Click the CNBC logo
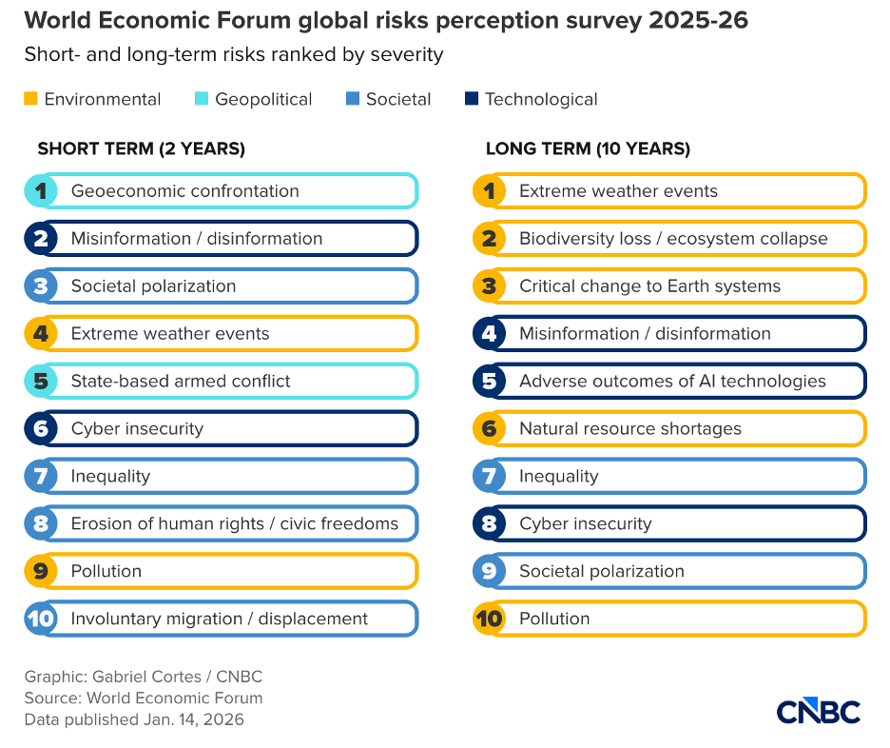pyautogui.click(x=818, y=711)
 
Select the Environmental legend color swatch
pyautogui.click(x=30, y=99)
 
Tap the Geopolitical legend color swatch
pyautogui.click(x=202, y=99)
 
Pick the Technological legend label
pyautogui.click(x=541, y=99)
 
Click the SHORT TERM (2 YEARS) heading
pyautogui.click(x=141, y=148)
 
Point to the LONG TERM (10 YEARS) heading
pyautogui.click(x=588, y=148)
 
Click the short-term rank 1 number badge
pyautogui.click(x=40, y=191)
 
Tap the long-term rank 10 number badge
pyautogui.click(x=489, y=619)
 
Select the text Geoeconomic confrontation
pyautogui.click(x=184, y=191)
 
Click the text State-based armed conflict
pyautogui.click(x=181, y=382)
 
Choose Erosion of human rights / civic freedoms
pyautogui.click(x=234, y=523)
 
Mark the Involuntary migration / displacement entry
pyautogui.click(x=219, y=619)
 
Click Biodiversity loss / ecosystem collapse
pyautogui.click(x=673, y=239)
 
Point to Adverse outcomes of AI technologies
pyautogui.click(x=672, y=382)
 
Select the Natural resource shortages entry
pyautogui.click(x=629, y=429)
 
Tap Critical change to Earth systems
pyautogui.click(x=649, y=286)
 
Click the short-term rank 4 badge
pyautogui.click(x=40, y=334)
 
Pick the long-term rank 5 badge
pyautogui.click(x=489, y=382)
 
